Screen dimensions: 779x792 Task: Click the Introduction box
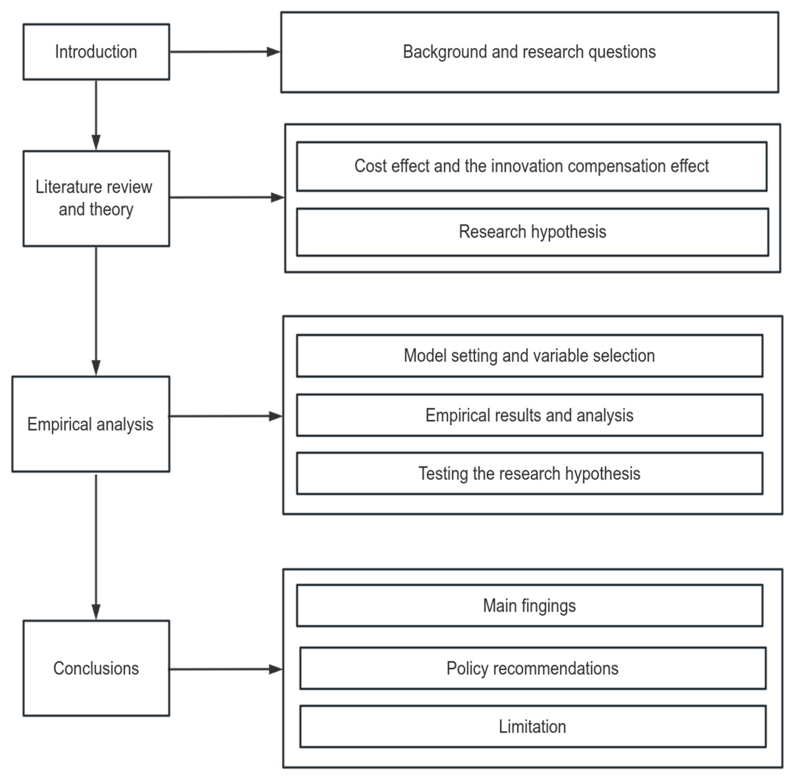96,52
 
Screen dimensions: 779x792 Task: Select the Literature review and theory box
96,198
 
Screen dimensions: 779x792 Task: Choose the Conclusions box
96,668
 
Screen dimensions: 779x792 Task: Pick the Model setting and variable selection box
529,355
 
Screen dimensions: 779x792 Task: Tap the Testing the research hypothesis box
529,473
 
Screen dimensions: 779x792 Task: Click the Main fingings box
529,606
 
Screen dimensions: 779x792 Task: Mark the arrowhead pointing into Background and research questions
273,52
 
